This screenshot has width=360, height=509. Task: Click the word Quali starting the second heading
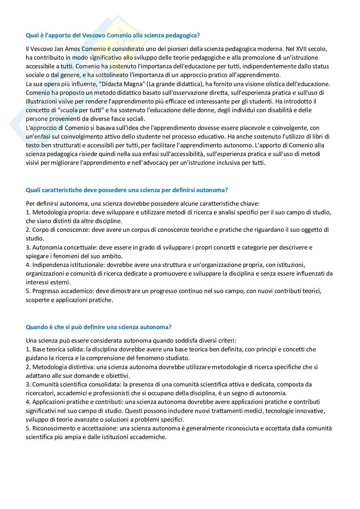(33, 190)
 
